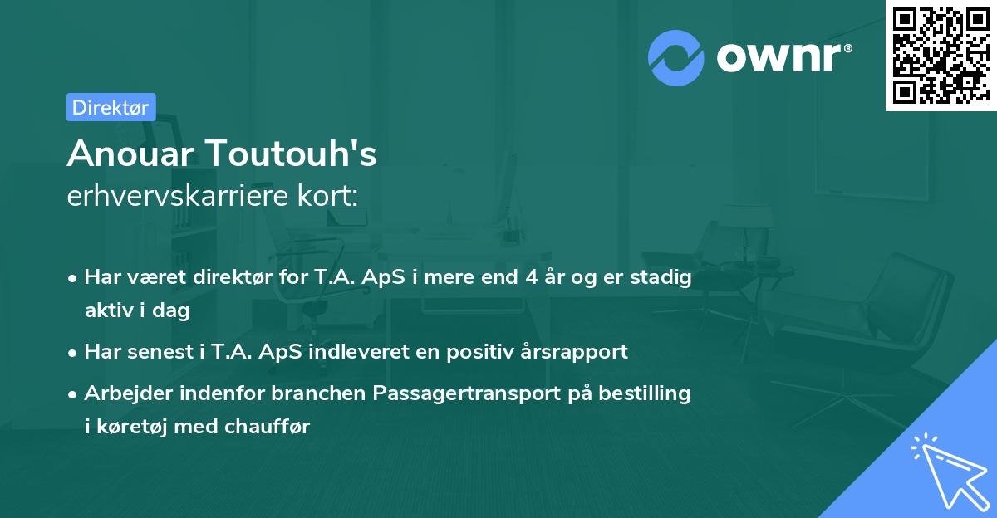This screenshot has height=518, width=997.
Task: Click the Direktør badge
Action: click(x=111, y=107)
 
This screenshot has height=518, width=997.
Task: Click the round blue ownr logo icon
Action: click(x=676, y=57)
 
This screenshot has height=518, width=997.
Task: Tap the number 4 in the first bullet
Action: click(x=529, y=277)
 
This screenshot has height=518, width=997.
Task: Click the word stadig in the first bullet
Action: click(x=663, y=277)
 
